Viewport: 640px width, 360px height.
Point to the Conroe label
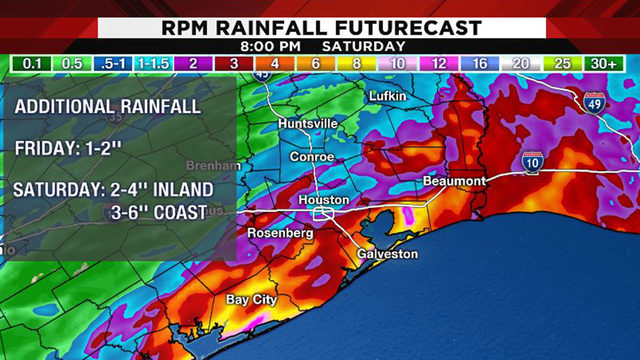tap(311, 158)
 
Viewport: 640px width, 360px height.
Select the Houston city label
tap(325, 200)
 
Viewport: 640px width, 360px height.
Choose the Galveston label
tap(387, 254)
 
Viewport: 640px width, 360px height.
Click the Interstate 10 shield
tap(531, 162)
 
